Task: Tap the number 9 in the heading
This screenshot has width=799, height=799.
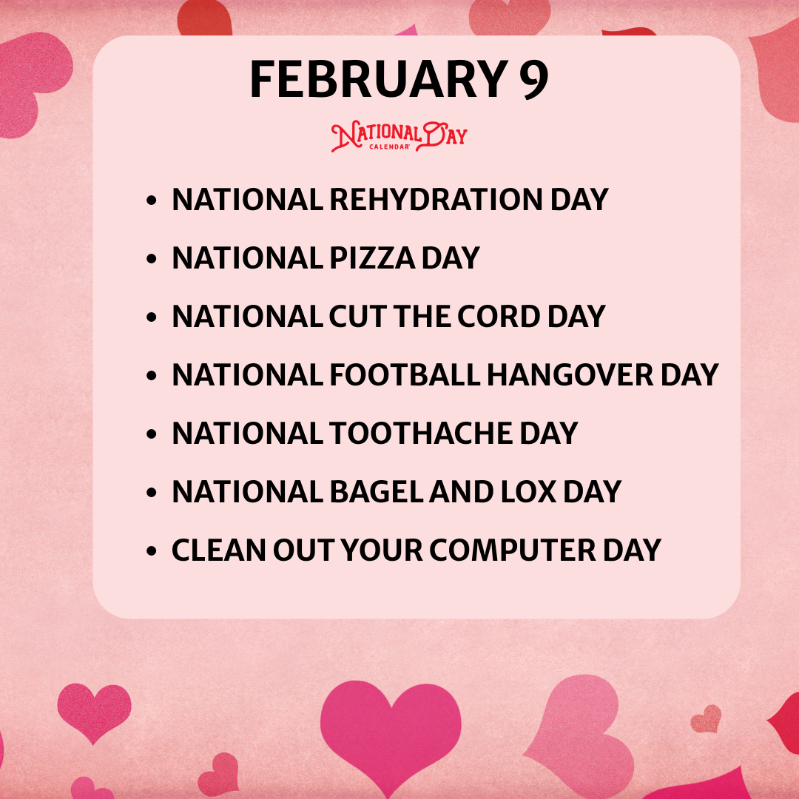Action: pyautogui.click(x=532, y=79)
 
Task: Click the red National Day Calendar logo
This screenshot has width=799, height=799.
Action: pyautogui.click(x=399, y=137)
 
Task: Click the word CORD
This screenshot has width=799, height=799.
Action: pyautogui.click(x=499, y=317)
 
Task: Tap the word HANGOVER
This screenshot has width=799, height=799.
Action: pyautogui.click(x=570, y=375)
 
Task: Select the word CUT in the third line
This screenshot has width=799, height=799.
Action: pyautogui.click(x=357, y=317)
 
